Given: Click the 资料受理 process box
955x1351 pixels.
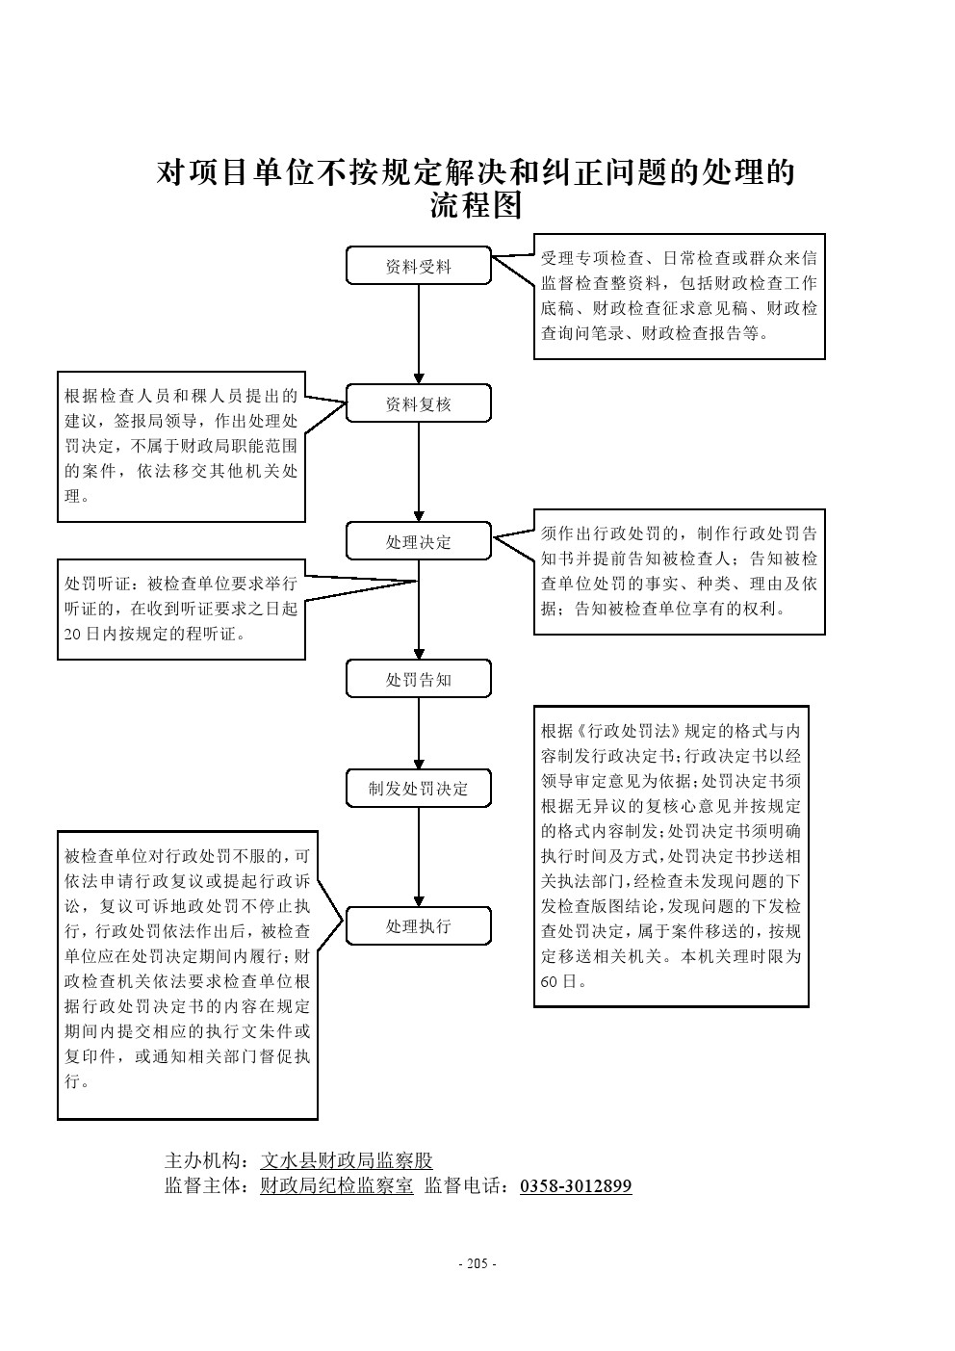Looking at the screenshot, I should (x=418, y=267).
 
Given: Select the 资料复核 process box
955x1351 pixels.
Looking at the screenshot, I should (x=418, y=404).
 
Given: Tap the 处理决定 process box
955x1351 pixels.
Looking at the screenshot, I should (x=418, y=542).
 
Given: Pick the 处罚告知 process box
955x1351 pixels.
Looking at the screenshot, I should (x=418, y=679).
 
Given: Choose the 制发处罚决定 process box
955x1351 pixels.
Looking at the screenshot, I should (x=418, y=789).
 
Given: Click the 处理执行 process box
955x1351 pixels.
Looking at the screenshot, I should (x=418, y=926).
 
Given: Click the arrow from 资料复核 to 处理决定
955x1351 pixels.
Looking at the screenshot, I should (x=419, y=472).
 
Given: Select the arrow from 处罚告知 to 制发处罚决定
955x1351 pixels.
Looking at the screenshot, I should (x=419, y=733).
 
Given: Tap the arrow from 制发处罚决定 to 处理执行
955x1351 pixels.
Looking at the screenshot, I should (x=419, y=857).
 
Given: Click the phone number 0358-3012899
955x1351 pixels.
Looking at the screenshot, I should (x=576, y=1186).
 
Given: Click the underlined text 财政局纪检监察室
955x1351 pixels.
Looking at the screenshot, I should (x=337, y=1186).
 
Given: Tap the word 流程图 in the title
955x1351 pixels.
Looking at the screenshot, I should (x=476, y=206).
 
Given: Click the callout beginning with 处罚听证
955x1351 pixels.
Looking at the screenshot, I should (x=181, y=610).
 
